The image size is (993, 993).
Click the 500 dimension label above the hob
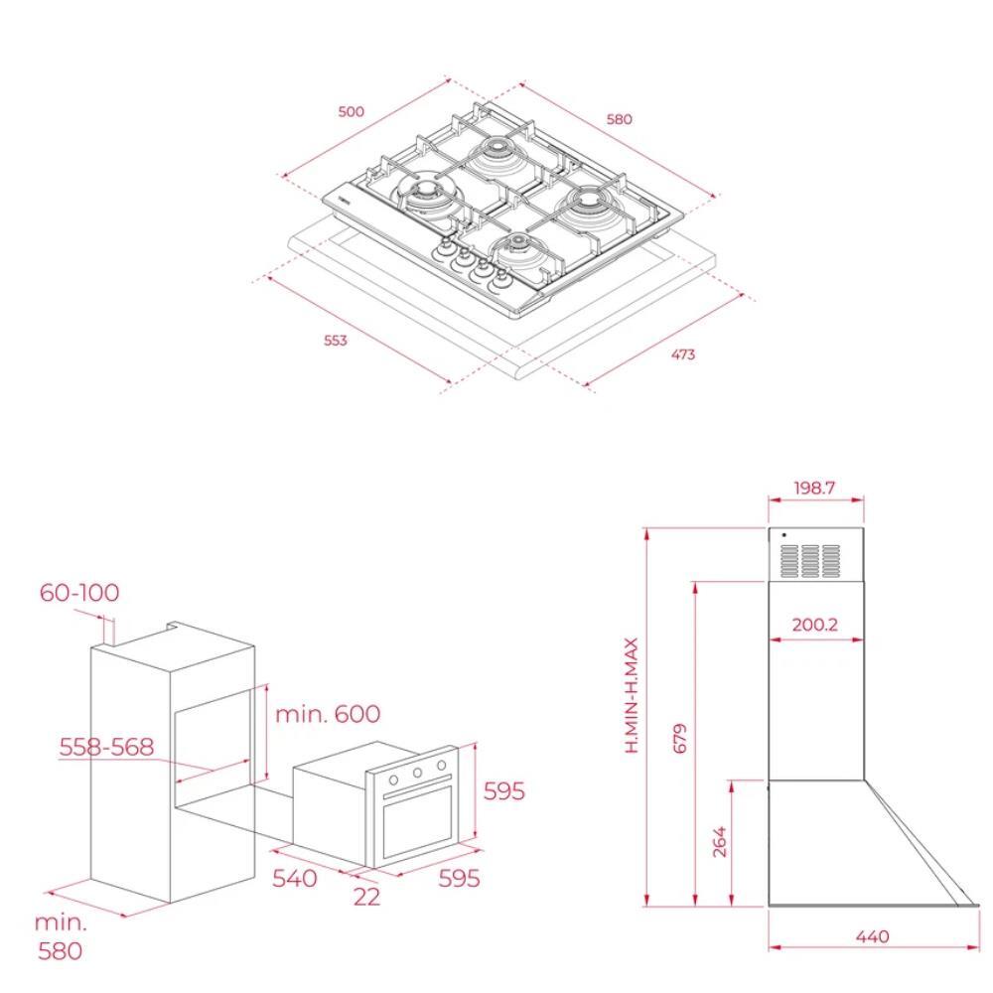(x=351, y=112)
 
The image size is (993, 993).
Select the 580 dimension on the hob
(x=619, y=119)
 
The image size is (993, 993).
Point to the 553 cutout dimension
(x=336, y=341)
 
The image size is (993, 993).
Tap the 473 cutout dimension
(x=683, y=355)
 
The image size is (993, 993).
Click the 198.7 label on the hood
(x=814, y=488)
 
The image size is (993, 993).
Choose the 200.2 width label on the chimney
(x=814, y=625)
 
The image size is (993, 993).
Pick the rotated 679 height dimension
(x=679, y=738)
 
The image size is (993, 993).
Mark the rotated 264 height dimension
(x=719, y=842)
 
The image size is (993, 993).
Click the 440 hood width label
(x=872, y=936)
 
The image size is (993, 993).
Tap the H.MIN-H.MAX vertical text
(x=632, y=695)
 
